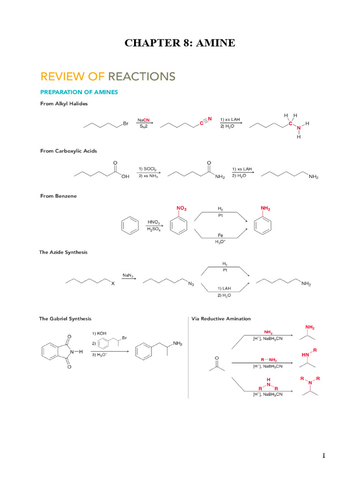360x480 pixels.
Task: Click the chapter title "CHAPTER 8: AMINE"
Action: [x=180, y=44]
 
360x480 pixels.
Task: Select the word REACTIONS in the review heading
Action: [x=142, y=76]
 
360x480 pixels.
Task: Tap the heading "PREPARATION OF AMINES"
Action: [x=79, y=92]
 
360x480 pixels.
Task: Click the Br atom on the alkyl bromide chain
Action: [x=125, y=124]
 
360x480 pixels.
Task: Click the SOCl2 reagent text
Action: [x=148, y=168]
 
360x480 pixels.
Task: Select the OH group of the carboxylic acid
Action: [x=125, y=176]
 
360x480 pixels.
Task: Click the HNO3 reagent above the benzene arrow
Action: [x=153, y=221]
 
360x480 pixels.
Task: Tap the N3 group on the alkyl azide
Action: [x=191, y=284]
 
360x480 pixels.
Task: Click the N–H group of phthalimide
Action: [x=77, y=352]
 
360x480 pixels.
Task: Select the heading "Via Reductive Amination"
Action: [x=221, y=319]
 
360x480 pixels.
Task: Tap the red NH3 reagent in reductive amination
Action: [x=268, y=331]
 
